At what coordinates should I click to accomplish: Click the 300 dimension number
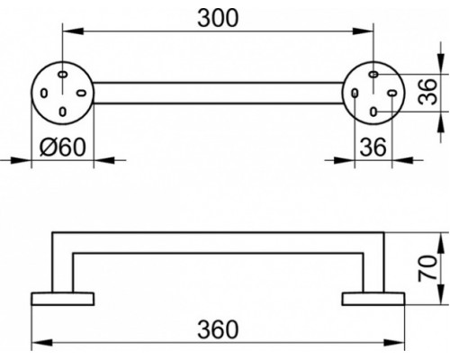(218, 18)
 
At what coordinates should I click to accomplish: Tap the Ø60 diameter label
(63, 147)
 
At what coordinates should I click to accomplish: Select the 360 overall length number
(218, 329)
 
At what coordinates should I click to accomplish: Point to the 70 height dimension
(428, 268)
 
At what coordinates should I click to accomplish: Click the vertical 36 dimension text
(428, 92)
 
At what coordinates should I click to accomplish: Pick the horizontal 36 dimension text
(373, 148)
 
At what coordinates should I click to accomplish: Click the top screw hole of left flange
(62, 74)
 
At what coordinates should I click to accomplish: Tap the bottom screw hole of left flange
(62, 112)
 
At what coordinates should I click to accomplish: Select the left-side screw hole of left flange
(44, 93)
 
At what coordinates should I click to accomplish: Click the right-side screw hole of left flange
(81, 93)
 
